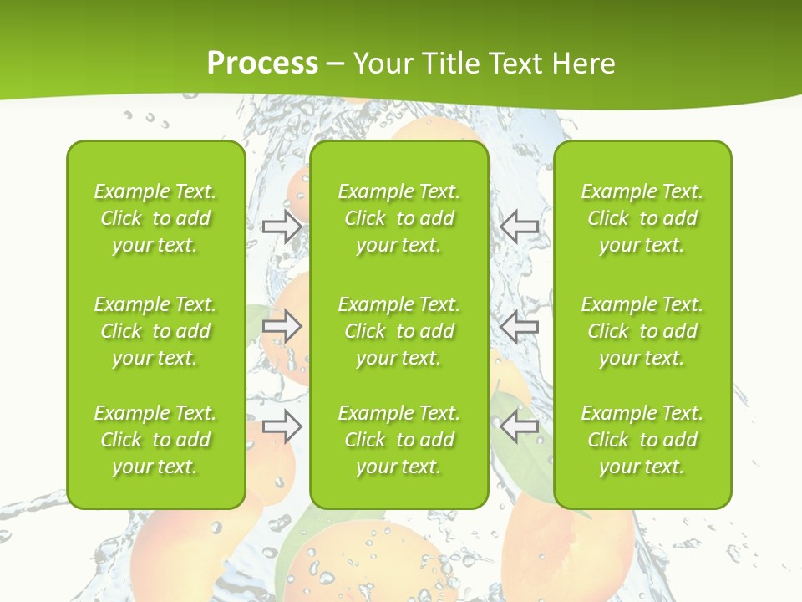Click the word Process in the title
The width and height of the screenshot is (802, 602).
[262, 64]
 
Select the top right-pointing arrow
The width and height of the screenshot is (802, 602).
[282, 227]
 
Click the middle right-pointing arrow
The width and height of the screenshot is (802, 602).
[282, 327]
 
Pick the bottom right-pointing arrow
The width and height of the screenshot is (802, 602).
[282, 427]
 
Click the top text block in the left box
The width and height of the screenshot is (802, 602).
[155, 218]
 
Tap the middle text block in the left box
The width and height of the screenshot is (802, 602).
[155, 331]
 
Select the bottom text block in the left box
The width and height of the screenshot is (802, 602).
[155, 440]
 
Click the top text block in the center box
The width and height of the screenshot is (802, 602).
[398, 218]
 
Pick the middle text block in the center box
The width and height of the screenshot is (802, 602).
[398, 331]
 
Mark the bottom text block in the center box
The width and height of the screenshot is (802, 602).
[398, 440]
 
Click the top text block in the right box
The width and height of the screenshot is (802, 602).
[642, 218]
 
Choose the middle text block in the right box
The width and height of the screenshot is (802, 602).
[642, 331]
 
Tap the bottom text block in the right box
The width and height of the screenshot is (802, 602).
[642, 440]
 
